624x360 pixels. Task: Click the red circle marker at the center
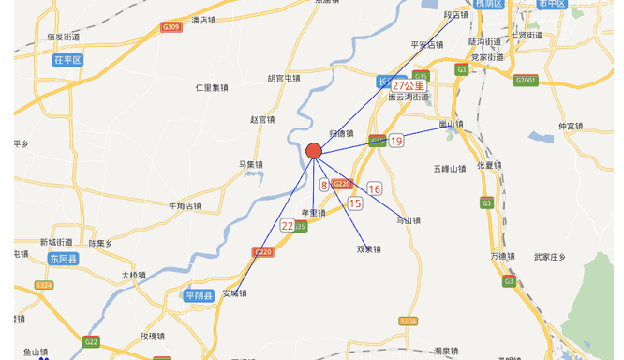pyautogui.click(x=314, y=151)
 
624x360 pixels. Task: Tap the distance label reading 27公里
pyautogui.click(x=408, y=85)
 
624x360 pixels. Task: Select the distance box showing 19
pyautogui.click(x=396, y=142)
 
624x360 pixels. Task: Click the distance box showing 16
pyautogui.click(x=375, y=188)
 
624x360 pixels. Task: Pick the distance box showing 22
pyautogui.click(x=287, y=226)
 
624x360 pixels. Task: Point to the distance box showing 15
pyautogui.click(x=355, y=202)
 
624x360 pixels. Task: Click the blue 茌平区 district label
pyautogui.click(x=68, y=59)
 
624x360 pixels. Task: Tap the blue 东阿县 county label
pyautogui.click(x=66, y=258)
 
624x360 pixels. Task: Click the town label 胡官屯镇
pyautogui.click(x=284, y=78)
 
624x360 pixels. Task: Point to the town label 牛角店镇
pyautogui.click(x=185, y=205)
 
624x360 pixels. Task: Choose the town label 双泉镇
pyautogui.click(x=368, y=249)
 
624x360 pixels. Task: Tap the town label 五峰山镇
pyautogui.click(x=449, y=169)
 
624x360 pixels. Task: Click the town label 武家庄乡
pyautogui.click(x=551, y=256)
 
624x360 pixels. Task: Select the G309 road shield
pyautogui.click(x=171, y=27)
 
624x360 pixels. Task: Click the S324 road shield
pyautogui.click(x=44, y=285)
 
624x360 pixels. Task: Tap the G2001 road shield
pyautogui.click(x=526, y=81)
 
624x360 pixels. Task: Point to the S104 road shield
pyautogui.click(x=408, y=321)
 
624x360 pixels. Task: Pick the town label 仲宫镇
pyautogui.click(x=571, y=126)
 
